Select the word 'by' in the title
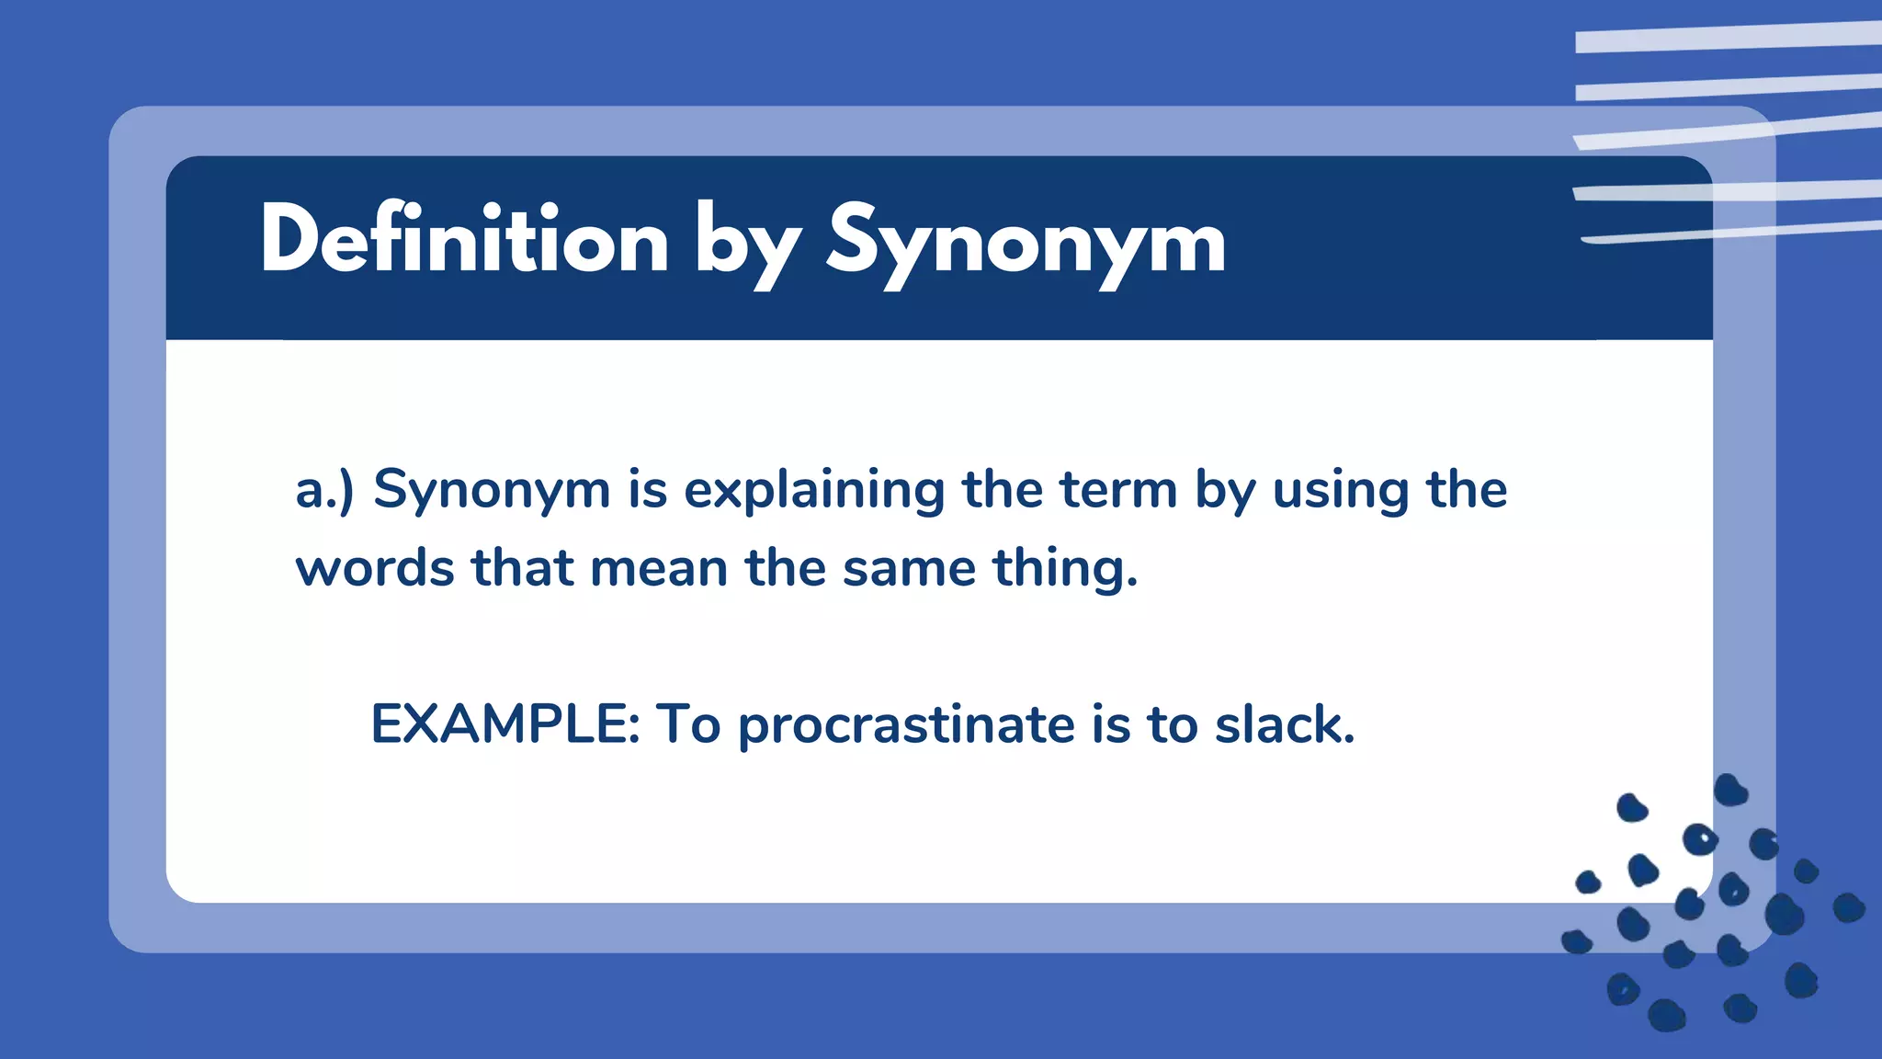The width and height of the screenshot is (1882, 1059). (746, 246)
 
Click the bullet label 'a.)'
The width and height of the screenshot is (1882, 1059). (323, 490)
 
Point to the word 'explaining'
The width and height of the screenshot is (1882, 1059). (813, 490)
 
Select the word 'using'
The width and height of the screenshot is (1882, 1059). (1340, 490)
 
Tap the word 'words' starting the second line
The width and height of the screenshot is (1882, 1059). (375, 568)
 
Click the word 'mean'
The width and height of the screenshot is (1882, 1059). (659, 568)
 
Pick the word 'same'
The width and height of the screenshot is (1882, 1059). (909, 568)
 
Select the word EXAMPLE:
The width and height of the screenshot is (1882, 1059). (505, 723)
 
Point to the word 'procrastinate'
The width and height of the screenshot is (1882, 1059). (906, 725)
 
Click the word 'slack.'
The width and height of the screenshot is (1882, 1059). (1285, 723)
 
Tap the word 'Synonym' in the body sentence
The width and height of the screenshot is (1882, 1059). (492, 490)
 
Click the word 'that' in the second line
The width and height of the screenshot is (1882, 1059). (522, 568)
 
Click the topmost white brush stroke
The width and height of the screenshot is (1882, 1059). (1728, 37)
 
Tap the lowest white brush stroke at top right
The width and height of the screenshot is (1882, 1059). (1728, 232)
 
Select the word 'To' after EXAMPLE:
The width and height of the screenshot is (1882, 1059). (687, 723)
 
